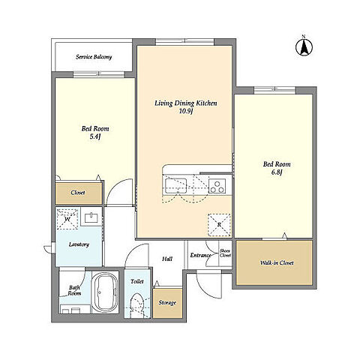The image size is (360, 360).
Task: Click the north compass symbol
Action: point(304,47)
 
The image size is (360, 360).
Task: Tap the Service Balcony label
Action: point(94,57)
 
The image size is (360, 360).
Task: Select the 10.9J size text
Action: point(186,112)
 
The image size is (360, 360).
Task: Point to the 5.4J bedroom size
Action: point(95,137)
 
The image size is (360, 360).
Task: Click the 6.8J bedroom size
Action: point(277,172)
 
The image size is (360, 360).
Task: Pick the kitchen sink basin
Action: point(175,185)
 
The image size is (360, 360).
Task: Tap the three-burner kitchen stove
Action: point(217,186)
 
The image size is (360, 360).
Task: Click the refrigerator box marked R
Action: point(219,225)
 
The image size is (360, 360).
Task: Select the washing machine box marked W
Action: point(67,219)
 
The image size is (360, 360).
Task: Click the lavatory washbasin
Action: point(91,217)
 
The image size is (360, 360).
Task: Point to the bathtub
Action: point(105,292)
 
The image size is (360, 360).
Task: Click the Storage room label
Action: point(167,303)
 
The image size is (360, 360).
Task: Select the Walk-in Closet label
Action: point(277,262)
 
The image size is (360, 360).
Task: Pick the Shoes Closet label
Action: point(225,253)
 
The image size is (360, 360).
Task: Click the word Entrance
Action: point(200,255)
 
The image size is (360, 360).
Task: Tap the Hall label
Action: point(167,259)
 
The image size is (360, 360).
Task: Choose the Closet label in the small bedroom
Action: point(78,193)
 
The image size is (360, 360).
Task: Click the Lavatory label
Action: point(79,244)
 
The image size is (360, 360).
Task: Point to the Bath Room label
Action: point(74,291)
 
